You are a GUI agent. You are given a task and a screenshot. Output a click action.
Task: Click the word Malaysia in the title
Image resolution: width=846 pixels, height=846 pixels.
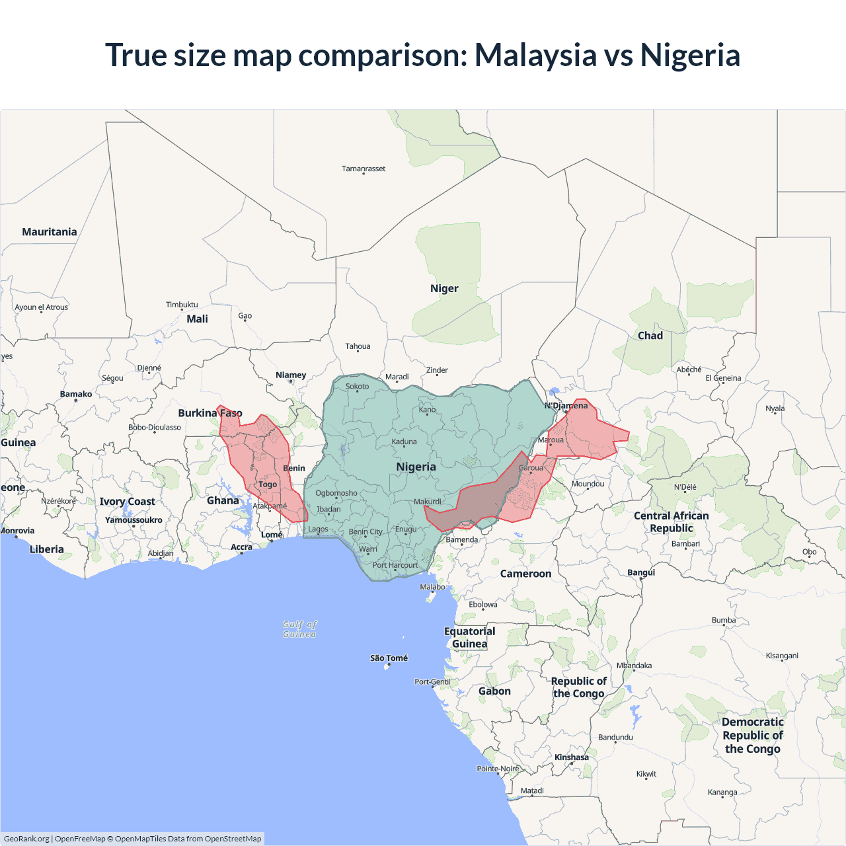click(x=535, y=55)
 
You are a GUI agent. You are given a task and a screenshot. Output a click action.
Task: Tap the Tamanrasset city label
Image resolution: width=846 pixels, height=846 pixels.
click(x=364, y=169)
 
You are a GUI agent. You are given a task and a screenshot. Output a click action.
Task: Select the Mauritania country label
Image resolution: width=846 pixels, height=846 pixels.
click(x=50, y=232)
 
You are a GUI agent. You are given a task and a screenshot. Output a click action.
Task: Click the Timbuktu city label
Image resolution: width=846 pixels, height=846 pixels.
click(x=182, y=305)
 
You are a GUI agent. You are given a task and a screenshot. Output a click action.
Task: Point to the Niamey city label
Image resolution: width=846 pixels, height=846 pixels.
click(x=291, y=375)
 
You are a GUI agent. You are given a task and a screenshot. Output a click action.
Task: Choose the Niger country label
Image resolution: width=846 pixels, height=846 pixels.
click(x=444, y=289)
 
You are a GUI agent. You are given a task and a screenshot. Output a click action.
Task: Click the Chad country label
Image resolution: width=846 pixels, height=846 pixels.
click(x=650, y=336)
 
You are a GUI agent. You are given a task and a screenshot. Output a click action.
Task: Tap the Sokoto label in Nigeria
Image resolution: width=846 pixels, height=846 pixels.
click(x=358, y=386)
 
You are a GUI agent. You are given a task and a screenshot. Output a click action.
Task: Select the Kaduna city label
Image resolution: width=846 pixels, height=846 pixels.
click(x=404, y=442)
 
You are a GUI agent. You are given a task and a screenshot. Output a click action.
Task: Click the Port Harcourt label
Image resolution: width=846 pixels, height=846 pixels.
click(x=395, y=565)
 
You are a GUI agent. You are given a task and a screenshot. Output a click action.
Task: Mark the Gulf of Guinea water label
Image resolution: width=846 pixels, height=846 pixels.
click(x=299, y=629)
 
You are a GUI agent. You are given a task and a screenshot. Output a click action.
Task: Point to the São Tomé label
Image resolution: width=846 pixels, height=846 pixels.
click(x=389, y=658)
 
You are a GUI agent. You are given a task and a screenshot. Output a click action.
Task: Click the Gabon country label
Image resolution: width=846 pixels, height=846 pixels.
click(x=494, y=691)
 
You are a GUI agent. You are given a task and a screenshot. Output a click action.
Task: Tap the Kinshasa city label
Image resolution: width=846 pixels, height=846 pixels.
click(x=572, y=757)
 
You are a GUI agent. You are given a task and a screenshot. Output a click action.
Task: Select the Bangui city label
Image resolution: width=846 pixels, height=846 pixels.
click(x=641, y=572)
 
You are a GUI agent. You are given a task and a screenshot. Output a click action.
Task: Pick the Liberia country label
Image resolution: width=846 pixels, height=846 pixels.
click(x=47, y=549)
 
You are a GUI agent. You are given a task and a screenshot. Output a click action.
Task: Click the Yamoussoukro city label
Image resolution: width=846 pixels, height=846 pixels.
click(x=134, y=520)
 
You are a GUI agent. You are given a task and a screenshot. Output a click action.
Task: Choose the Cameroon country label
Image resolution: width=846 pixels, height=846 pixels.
click(x=525, y=574)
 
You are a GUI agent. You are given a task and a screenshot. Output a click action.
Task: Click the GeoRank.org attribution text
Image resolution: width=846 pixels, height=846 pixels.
click(x=26, y=839)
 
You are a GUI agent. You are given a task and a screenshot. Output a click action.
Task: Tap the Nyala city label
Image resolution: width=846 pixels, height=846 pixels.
click(x=775, y=408)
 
